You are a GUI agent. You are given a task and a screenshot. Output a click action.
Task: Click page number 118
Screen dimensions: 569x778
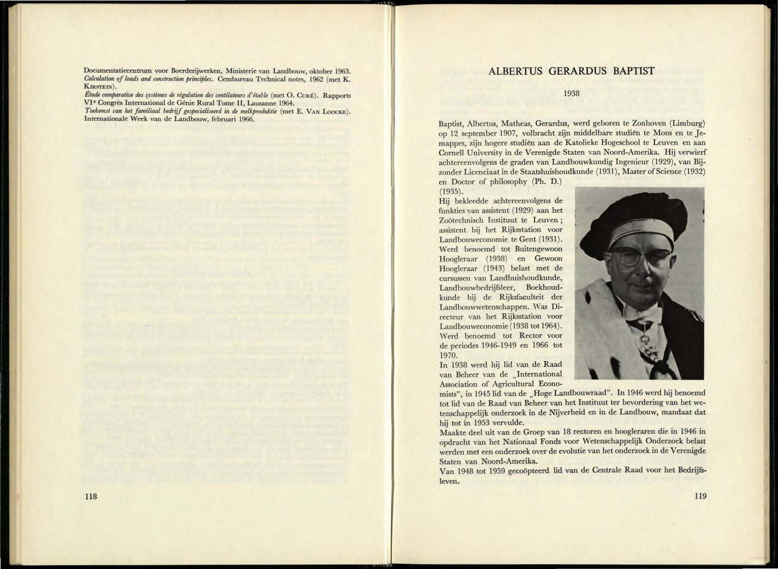click(91, 496)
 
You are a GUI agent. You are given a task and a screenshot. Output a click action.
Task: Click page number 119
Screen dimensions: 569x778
click(700, 496)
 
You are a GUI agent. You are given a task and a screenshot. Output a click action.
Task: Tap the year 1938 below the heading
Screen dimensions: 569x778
click(572, 94)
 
